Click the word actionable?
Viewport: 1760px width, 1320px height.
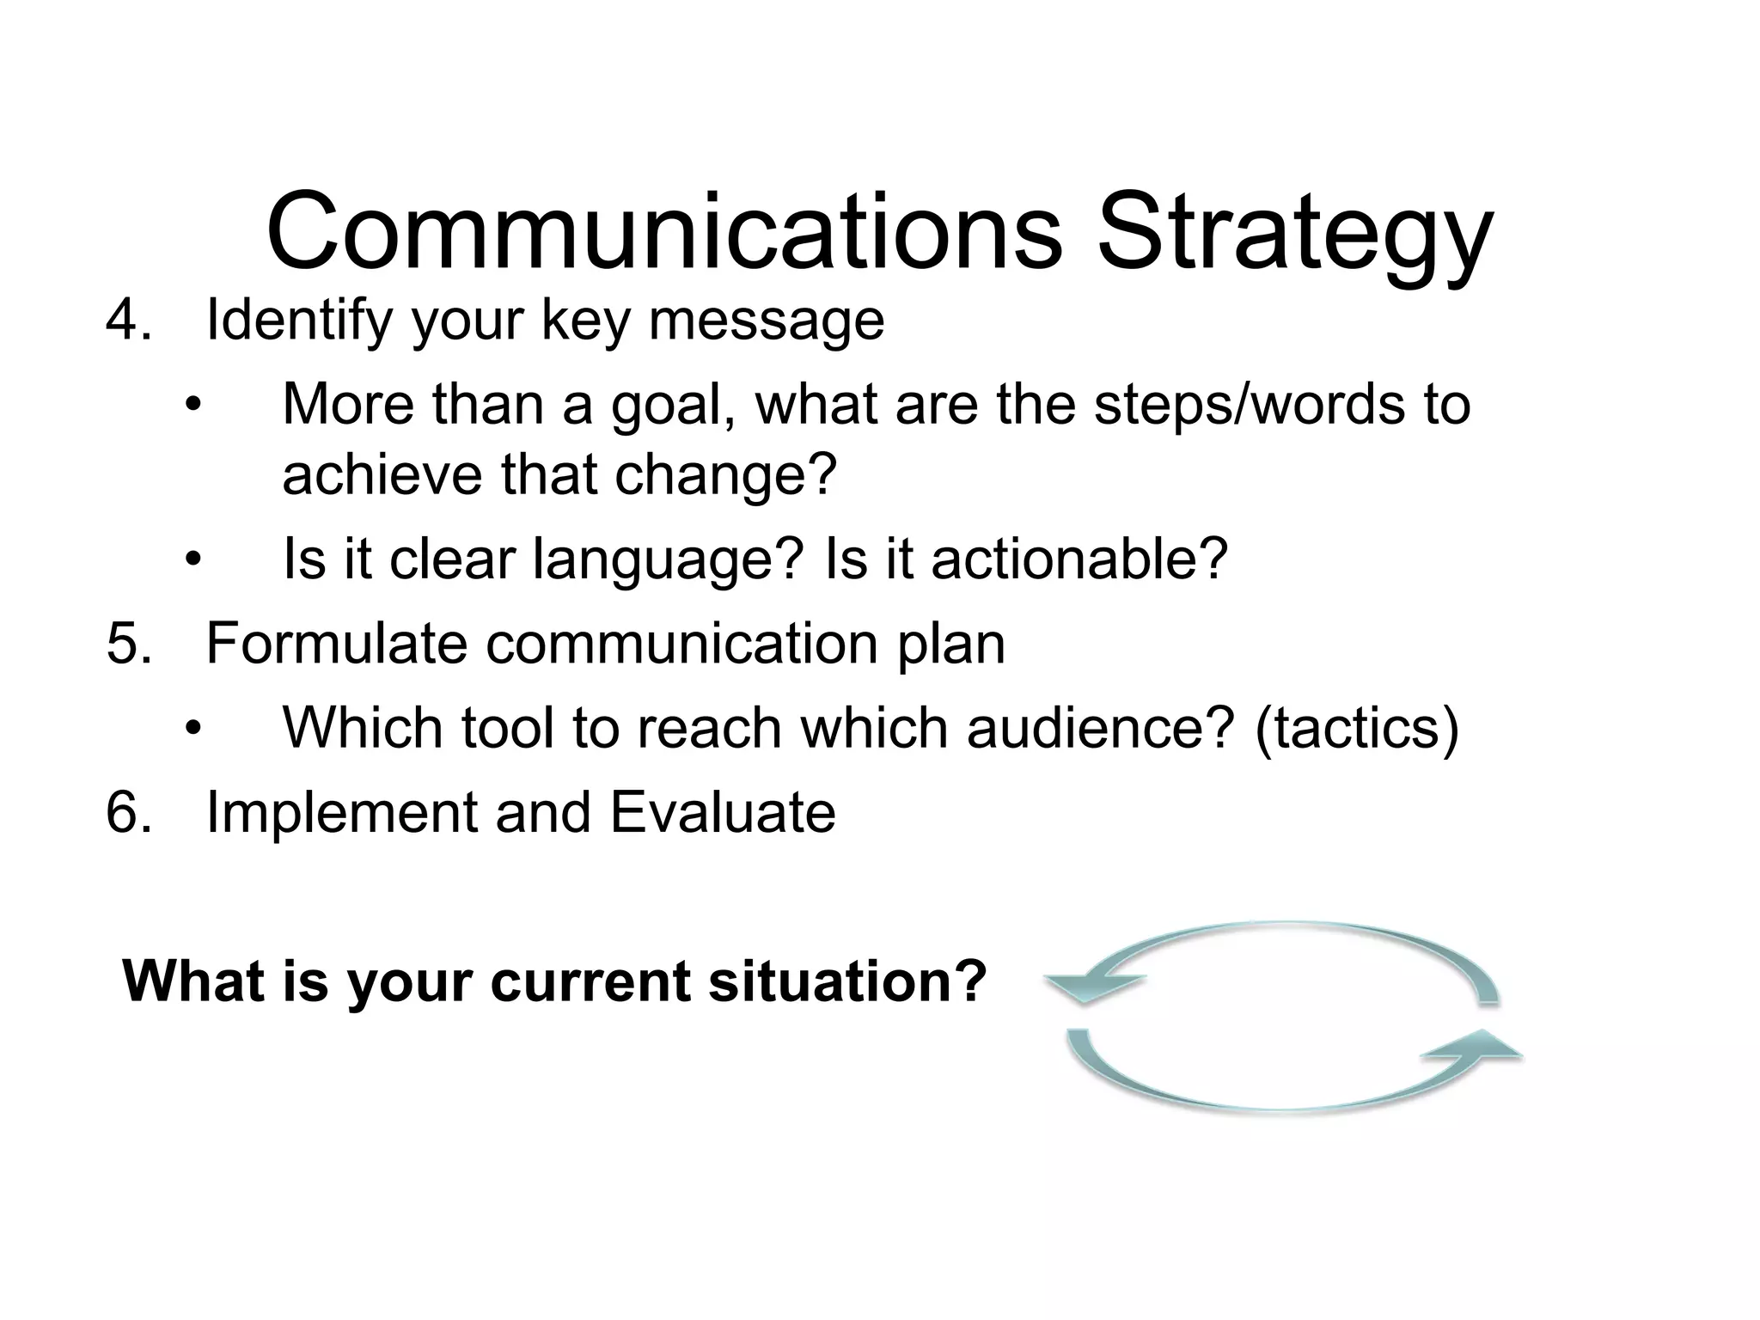(1079, 559)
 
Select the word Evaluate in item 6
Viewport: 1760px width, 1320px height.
(722, 812)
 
